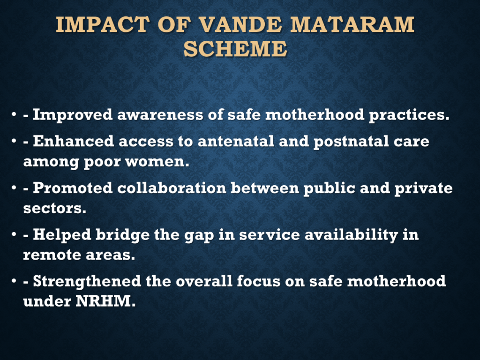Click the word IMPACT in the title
point(103,24)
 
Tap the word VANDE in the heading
point(240,24)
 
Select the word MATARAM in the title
point(352,24)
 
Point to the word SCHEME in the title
point(235,49)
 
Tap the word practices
point(409,115)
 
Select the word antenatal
point(236,142)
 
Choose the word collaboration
point(172,188)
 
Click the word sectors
point(55,209)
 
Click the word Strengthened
point(87,282)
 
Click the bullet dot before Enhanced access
point(14,142)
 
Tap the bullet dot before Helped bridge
point(14,235)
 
